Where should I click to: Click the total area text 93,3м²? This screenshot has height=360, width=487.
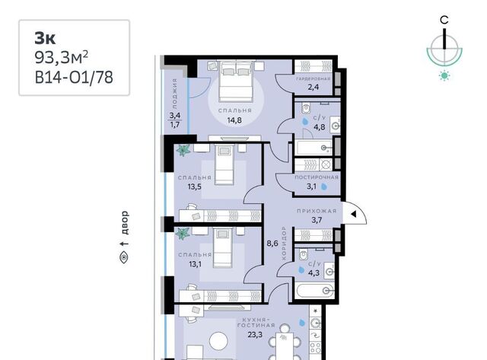(x=61, y=58)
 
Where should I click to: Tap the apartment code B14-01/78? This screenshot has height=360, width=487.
(x=74, y=78)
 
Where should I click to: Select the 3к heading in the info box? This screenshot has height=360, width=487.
(x=45, y=38)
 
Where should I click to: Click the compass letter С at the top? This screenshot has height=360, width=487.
(x=444, y=21)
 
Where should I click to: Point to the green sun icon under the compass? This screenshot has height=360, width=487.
(x=444, y=75)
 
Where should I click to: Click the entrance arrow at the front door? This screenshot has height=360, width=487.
(x=353, y=214)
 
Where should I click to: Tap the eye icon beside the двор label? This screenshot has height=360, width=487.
(x=124, y=257)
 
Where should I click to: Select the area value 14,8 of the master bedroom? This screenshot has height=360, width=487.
(x=234, y=120)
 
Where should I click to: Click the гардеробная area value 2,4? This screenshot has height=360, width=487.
(x=314, y=87)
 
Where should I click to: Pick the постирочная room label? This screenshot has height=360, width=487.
(x=317, y=177)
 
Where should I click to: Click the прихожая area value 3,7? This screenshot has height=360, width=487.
(x=317, y=220)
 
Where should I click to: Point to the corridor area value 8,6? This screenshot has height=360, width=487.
(x=272, y=244)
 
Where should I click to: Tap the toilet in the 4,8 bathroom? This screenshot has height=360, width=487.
(x=306, y=108)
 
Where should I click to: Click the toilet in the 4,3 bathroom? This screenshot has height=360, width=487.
(x=303, y=254)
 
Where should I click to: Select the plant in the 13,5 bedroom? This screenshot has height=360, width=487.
(x=183, y=151)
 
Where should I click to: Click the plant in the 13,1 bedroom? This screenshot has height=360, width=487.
(x=183, y=234)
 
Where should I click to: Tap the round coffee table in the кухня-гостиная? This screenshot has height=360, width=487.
(x=218, y=342)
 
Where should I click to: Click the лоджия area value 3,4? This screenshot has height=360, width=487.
(x=175, y=116)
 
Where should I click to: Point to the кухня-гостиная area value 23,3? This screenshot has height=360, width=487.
(x=255, y=335)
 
